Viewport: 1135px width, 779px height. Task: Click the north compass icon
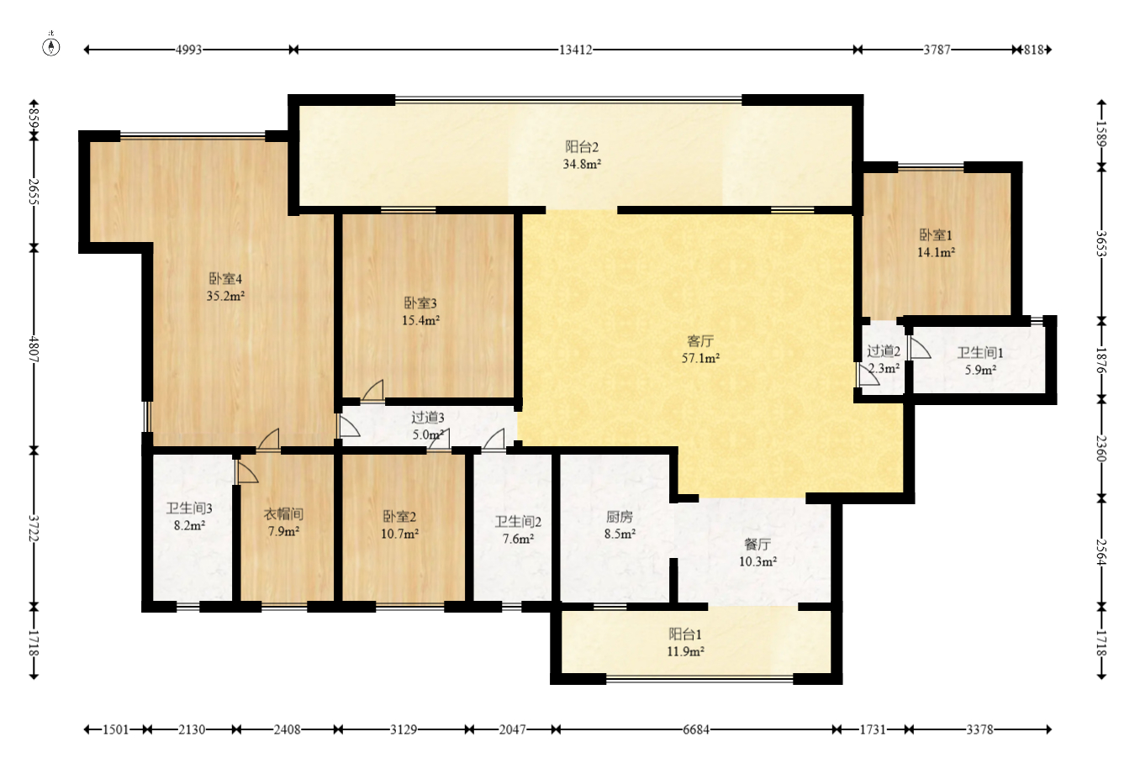50,46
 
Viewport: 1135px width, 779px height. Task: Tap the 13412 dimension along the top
576,50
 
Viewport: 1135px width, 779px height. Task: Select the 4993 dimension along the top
188,50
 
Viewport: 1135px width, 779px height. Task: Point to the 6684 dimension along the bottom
695,730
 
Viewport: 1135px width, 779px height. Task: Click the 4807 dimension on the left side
34,349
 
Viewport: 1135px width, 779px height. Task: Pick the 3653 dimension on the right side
1101,244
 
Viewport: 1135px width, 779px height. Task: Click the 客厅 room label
700,341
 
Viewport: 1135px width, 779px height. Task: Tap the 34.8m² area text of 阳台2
582,164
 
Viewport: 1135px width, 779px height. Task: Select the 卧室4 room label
225,279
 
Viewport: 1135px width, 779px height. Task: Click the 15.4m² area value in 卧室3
420,320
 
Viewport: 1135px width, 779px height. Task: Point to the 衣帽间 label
283,514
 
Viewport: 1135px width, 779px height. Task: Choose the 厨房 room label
620,517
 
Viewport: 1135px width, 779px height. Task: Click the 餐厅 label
758,545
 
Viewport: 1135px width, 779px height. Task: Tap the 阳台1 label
685,634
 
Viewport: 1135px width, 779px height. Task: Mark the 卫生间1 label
980,353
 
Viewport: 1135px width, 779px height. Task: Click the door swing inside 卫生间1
920,348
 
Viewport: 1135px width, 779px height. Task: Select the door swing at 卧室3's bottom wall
372,391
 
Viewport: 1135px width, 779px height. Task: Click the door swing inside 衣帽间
247,471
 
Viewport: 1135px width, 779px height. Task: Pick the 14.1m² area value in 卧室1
936,252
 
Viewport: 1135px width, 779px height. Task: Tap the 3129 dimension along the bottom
404,730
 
